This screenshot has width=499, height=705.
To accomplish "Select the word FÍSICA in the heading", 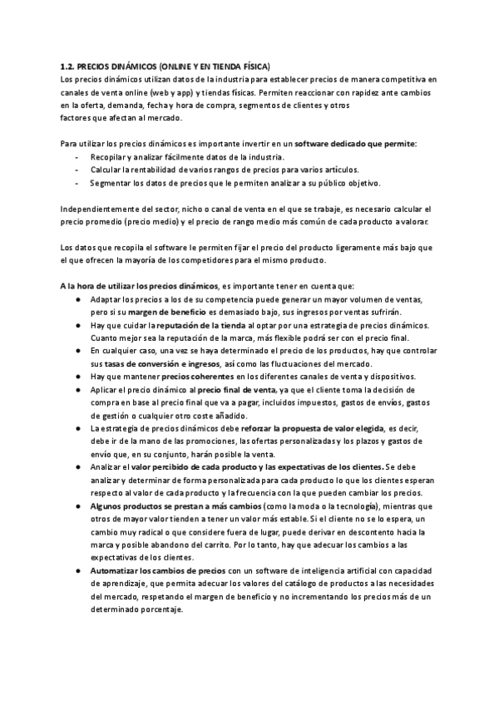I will click(253, 65).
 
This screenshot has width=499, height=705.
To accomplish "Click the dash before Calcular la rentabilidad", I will click(77, 170).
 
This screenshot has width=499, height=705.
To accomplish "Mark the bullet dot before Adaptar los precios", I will click(77, 298).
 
